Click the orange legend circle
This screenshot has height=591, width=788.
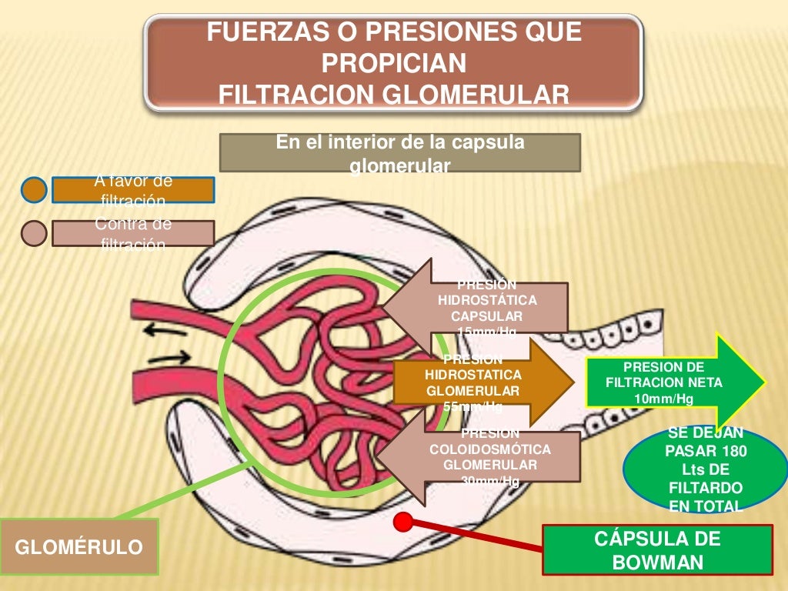tap(34, 189)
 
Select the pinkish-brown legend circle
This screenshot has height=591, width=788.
tap(34, 232)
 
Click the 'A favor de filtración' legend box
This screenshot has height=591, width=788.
tap(132, 190)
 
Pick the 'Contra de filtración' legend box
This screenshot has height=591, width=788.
tap(132, 233)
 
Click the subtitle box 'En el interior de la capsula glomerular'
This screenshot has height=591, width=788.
tap(399, 152)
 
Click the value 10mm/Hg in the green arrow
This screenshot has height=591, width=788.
tap(663, 398)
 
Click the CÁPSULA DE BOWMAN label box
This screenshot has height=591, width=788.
tap(657, 549)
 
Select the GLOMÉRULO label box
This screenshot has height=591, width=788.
tap(79, 547)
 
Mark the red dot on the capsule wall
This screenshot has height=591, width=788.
tap(401, 522)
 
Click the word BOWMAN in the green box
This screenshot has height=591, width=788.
tap(657, 562)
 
